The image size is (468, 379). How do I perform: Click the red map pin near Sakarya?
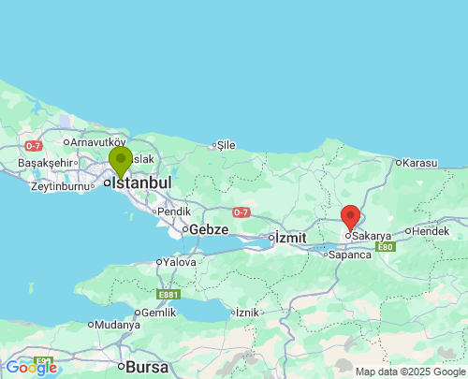(350, 217)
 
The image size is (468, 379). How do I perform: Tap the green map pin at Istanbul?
(120, 161)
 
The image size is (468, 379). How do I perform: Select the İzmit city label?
(289, 238)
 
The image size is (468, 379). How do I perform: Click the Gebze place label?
(209, 229)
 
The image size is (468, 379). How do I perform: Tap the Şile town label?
(226, 145)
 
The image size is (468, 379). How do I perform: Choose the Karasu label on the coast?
(419, 163)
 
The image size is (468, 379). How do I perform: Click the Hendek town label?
(431, 230)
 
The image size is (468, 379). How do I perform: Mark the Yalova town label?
(180, 262)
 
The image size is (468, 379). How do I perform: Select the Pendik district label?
(174, 211)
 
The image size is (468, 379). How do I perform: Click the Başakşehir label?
(45, 162)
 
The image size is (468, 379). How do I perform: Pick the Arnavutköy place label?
(97, 142)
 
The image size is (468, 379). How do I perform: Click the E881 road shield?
(168, 295)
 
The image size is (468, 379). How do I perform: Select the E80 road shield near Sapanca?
(386, 247)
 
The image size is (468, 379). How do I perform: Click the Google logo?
(31, 368)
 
